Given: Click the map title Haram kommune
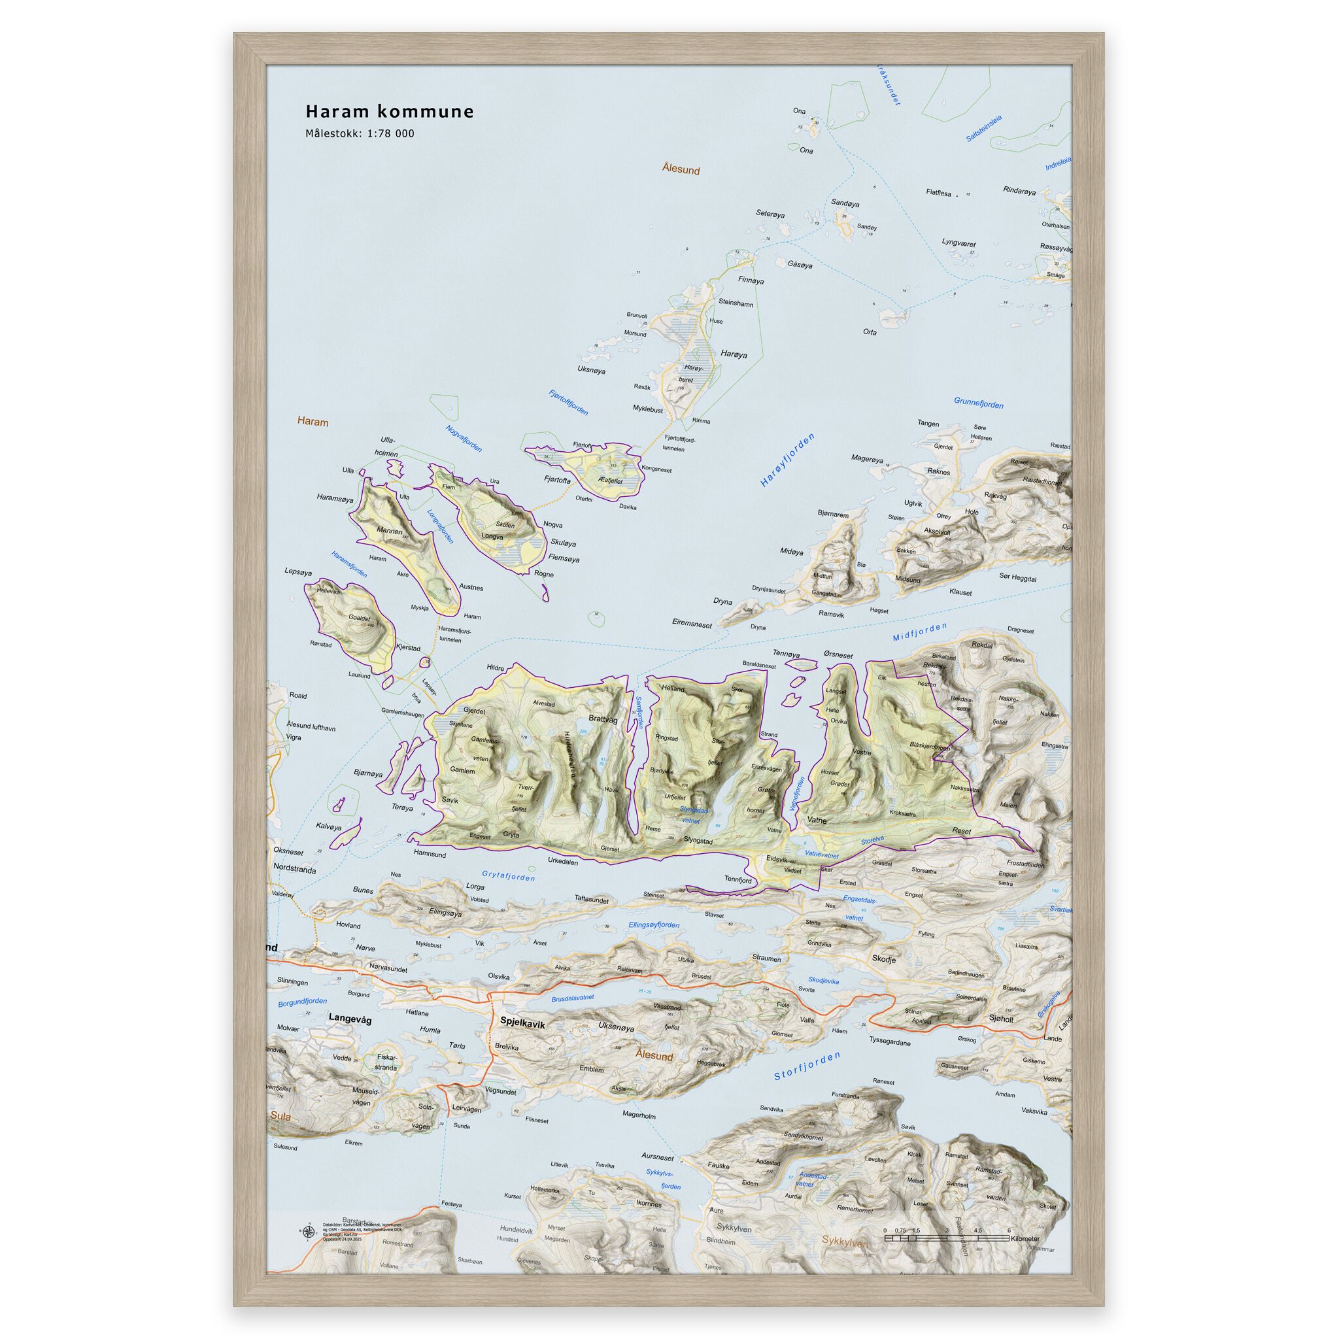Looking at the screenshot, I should [x=390, y=112].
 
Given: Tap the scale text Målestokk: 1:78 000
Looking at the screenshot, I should [x=360, y=134].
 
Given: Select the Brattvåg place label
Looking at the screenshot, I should [x=602, y=719].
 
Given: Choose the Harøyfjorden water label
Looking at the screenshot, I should [x=787, y=460].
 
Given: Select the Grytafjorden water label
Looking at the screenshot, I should [x=509, y=877].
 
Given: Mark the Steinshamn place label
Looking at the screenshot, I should [x=736, y=303].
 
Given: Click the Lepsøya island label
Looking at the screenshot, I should [x=298, y=573].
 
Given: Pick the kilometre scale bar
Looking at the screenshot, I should [x=946, y=1236].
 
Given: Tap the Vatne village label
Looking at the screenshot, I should [x=818, y=820].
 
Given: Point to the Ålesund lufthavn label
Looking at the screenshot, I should [x=311, y=728].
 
